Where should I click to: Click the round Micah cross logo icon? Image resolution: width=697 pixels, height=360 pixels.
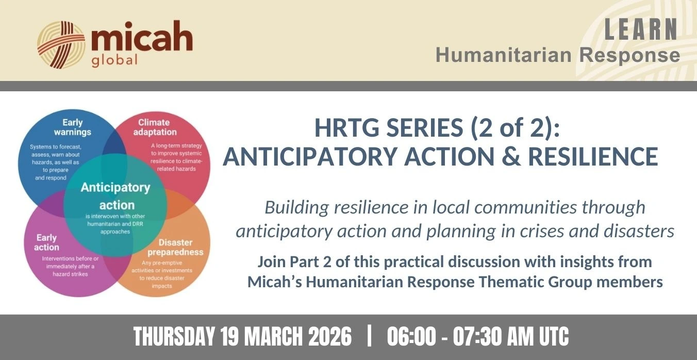[x=61, y=44]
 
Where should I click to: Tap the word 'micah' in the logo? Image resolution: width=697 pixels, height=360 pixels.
[x=142, y=36]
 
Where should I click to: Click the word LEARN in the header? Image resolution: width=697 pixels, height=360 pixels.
[x=641, y=29]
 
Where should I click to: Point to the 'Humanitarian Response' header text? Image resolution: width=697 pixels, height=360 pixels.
[x=558, y=55]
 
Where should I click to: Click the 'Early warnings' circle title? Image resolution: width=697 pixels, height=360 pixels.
[x=73, y=127]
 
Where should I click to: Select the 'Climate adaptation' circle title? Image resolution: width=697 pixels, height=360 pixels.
[x=155, y=127]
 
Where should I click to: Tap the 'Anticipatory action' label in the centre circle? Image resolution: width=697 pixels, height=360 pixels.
[x=116, y=196]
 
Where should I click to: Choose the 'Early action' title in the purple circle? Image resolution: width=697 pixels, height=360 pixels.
[x=47, y=242]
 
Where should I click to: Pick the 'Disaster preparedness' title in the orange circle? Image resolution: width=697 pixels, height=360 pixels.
[x=175, y=247]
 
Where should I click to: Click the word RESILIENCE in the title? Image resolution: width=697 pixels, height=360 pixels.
[x=593, y=156]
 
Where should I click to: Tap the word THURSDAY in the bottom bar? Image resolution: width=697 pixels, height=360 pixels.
[x=174, y=337]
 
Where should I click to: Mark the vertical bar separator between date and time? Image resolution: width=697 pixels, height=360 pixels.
[x=369, y=336]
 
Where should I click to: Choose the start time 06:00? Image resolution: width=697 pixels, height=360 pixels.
[x=412, y=337]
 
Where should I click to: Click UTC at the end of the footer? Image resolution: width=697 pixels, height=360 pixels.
[x=554, y=337]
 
